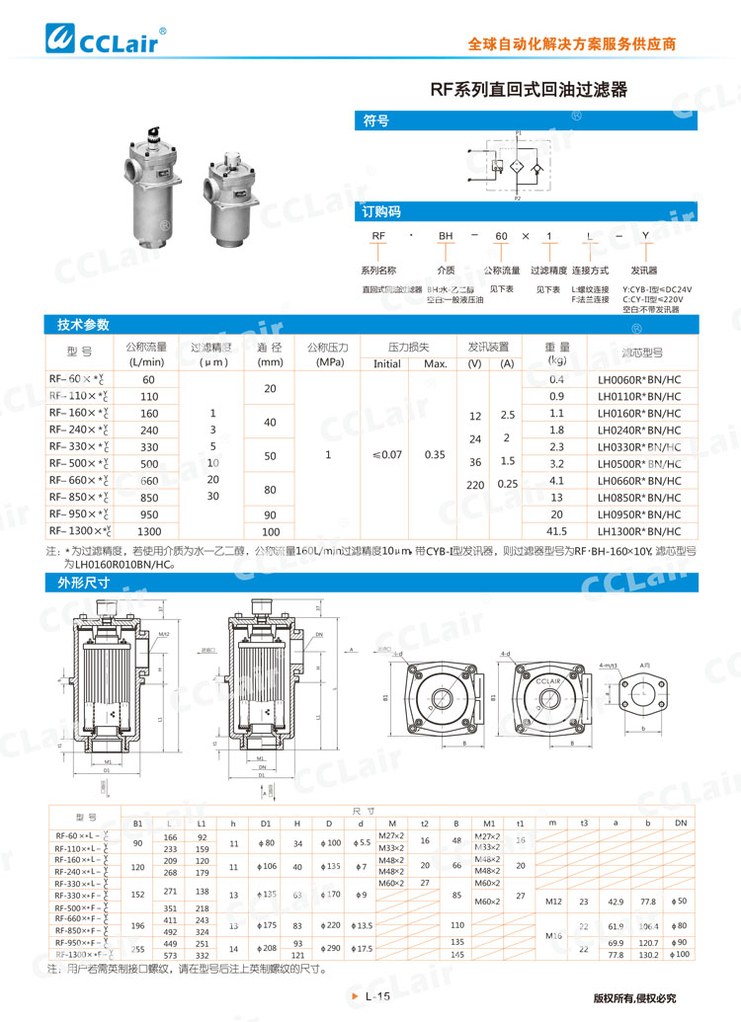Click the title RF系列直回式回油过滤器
coord(529,89)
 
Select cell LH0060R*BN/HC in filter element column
coord(639,379)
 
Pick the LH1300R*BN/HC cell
coord(639,531)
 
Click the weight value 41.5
coord(556,531)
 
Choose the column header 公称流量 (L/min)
coord(145,354)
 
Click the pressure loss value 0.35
coord(435,455)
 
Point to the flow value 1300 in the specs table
coord(149,531)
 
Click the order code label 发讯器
coord(643,270)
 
